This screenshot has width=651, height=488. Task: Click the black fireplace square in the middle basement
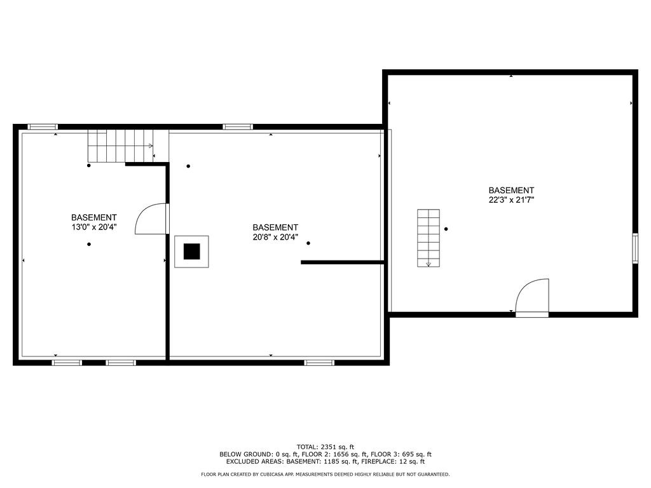[192, 252]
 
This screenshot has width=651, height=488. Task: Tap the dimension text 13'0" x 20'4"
[94, 226]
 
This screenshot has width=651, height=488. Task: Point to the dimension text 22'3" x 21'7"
[511, 200]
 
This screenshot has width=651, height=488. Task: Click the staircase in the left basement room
[121, 146]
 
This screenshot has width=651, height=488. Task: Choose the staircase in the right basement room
[428, 238]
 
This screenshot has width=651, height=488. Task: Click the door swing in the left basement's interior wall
[151, 219]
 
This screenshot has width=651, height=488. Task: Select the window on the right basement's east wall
[634, 248]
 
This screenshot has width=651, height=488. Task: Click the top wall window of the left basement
[43, 126]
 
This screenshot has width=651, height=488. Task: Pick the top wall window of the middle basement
[238, 126]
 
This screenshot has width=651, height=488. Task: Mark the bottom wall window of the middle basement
[319, 363]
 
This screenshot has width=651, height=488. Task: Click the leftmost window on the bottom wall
[67, 363]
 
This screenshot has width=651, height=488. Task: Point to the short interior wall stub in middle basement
[342, 262]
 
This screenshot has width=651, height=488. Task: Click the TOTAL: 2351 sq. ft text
[325, 446]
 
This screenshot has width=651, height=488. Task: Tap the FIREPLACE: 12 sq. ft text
[398, 461]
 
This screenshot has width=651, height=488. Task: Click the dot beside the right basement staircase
[446, 229]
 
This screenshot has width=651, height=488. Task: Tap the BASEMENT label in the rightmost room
[511, 190]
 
